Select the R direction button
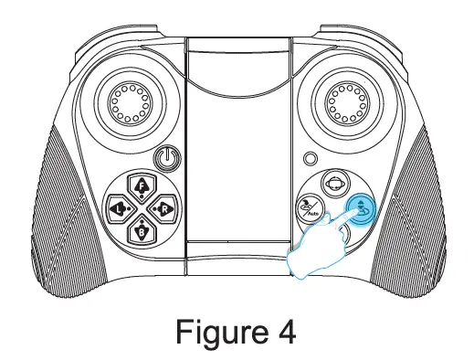163,209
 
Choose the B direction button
141,231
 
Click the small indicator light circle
312,157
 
